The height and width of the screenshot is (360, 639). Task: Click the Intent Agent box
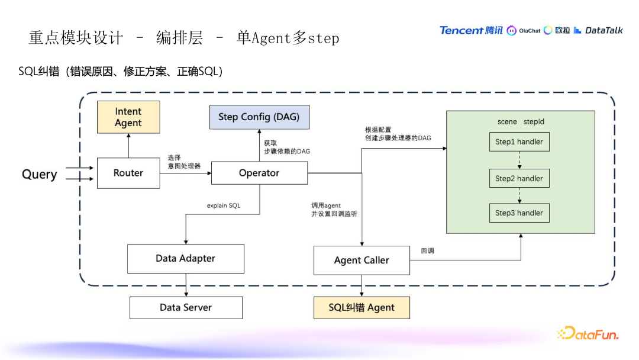[128, 117]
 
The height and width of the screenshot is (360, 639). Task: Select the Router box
[128, 173]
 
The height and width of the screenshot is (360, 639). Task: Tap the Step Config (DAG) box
[259, 117]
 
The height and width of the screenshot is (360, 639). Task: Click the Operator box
[259, 173]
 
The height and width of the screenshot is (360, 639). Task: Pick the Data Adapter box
[186, 258]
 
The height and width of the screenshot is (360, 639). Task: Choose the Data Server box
[186, 307]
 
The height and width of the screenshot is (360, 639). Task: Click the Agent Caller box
[362, 260]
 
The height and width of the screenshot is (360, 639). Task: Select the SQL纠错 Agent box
[362, 307]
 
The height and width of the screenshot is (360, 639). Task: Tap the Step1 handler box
[519, 142]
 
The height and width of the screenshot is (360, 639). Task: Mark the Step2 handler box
[519, 178]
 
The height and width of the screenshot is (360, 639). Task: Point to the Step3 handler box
[519, 213]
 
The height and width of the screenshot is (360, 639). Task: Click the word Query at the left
[40, 174]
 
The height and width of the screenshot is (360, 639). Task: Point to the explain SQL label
[224, 205]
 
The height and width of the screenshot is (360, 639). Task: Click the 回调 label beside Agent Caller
[427, 250]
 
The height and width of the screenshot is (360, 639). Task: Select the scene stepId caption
[521, 121]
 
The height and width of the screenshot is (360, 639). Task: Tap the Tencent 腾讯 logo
[470, 30]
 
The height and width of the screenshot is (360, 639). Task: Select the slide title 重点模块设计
[76, 38]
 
